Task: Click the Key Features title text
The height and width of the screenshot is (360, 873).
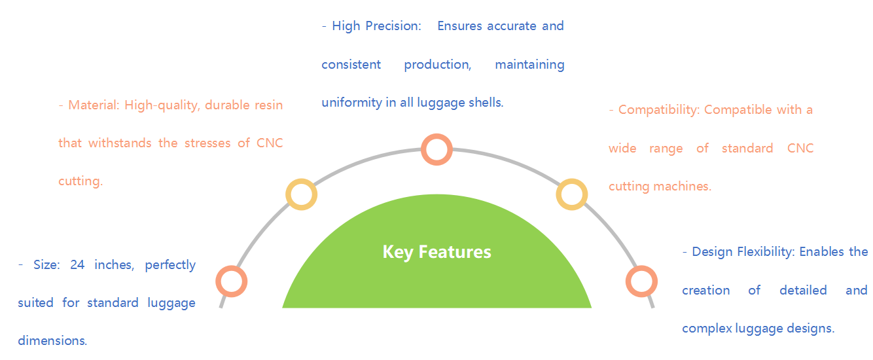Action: (x=436, y=252)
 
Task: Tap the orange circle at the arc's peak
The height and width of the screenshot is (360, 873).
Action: (x=436, y=149)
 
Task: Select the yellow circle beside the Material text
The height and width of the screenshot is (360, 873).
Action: (x=302, y=194)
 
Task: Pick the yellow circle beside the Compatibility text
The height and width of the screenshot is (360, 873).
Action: (x=571, y=194)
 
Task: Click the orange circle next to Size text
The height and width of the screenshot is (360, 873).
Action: (x=231, y=281)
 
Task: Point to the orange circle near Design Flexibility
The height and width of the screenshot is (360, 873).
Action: (x=641, y=281)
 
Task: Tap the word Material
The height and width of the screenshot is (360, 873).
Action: (x=93, y=105)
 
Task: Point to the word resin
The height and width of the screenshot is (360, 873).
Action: (x=268, y=105)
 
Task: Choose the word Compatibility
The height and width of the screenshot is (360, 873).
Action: (x=658, y=110)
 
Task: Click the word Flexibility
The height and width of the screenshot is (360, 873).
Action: (x=766, y=252)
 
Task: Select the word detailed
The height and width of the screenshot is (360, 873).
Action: (x=803, y=290)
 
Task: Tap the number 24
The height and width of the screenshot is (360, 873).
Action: (x=78, y=265)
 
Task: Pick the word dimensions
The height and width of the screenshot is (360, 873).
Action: (x=52, y=341)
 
